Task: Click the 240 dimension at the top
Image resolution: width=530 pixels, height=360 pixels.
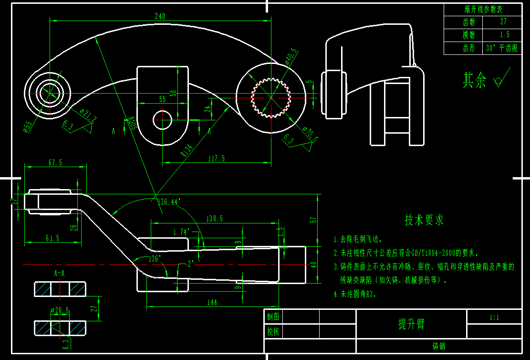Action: click(160, 16)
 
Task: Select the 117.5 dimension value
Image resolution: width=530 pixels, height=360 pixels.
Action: click(217, 159)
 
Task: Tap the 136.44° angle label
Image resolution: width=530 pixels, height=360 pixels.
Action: click(168, 202)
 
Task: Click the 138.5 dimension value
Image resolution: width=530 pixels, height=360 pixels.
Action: click(214, 219)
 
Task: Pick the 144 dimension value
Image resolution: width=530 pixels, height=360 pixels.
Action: click(212, 302)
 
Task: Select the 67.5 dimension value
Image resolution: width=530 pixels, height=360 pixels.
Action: click(55, 163)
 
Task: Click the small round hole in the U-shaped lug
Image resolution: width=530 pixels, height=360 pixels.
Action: click(162, 119)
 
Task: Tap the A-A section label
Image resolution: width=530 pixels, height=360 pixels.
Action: click(60, 274)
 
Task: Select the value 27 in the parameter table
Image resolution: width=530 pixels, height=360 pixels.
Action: click(503, 22)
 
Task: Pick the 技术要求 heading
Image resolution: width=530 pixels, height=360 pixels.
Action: click(424, 220)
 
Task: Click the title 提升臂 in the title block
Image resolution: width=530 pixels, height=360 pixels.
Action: click(411, 324)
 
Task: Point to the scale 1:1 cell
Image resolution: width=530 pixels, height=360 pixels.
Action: click(494, 317)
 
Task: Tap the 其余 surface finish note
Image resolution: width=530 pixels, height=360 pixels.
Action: click(474, 81)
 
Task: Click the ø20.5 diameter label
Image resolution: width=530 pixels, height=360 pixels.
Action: click(60, 311)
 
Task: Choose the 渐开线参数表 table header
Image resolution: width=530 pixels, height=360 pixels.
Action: click(483, 10)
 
